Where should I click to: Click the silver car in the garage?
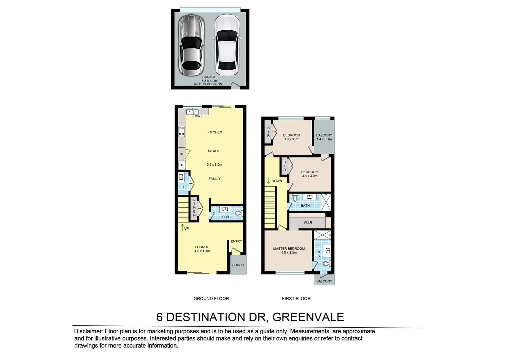191,45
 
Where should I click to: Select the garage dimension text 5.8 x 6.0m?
209,81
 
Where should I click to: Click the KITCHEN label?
215,132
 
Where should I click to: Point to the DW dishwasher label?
197,116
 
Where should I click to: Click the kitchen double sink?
192,112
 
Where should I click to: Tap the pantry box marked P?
182,155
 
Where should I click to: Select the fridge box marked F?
182,166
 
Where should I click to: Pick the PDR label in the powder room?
226,217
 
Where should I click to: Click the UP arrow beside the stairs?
183,228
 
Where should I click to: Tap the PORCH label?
238,265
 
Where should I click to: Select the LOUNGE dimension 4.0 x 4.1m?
202,251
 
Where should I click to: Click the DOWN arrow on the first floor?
268,181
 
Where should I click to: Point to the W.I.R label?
308,222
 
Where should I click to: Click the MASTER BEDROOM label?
289,249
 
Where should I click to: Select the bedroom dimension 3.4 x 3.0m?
309,176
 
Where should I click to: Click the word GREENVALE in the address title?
308,317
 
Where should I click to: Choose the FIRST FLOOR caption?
296,299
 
